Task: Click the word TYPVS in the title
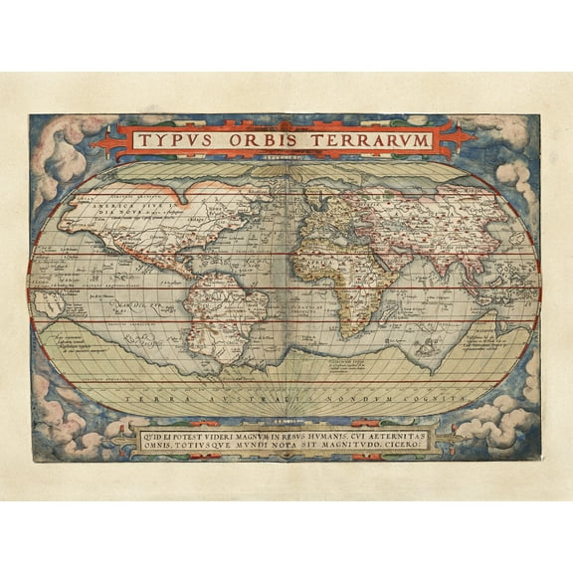(173, 140)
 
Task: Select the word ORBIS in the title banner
(266, 140)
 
